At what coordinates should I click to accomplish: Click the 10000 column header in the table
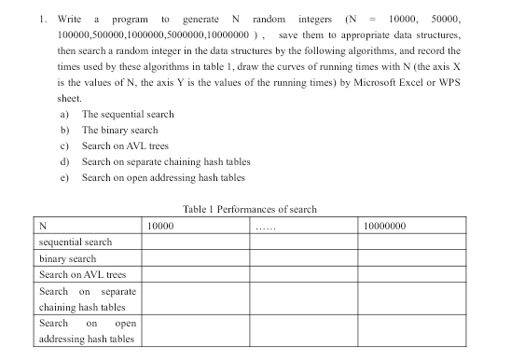point(162,226)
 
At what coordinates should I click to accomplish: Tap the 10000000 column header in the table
point(384,226)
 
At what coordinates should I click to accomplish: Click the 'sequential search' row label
point(76,242)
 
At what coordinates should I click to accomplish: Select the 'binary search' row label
point(67,258)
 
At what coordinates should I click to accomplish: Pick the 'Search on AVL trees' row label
point(82,275)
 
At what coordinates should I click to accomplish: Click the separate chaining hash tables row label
point(87,299)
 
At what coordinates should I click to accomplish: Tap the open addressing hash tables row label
point(87,331)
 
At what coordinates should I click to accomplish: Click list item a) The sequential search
point(127,114)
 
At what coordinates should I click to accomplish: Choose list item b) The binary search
point(119,130)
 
